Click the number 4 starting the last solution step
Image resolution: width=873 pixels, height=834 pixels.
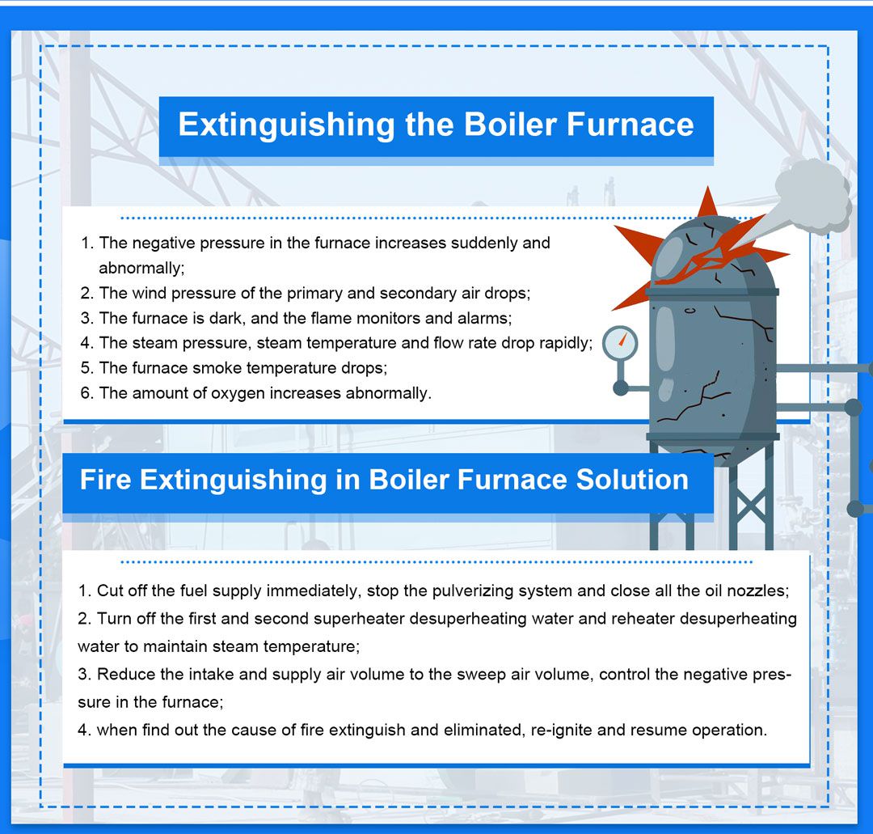pyautogui.click(x=82, y=730)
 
